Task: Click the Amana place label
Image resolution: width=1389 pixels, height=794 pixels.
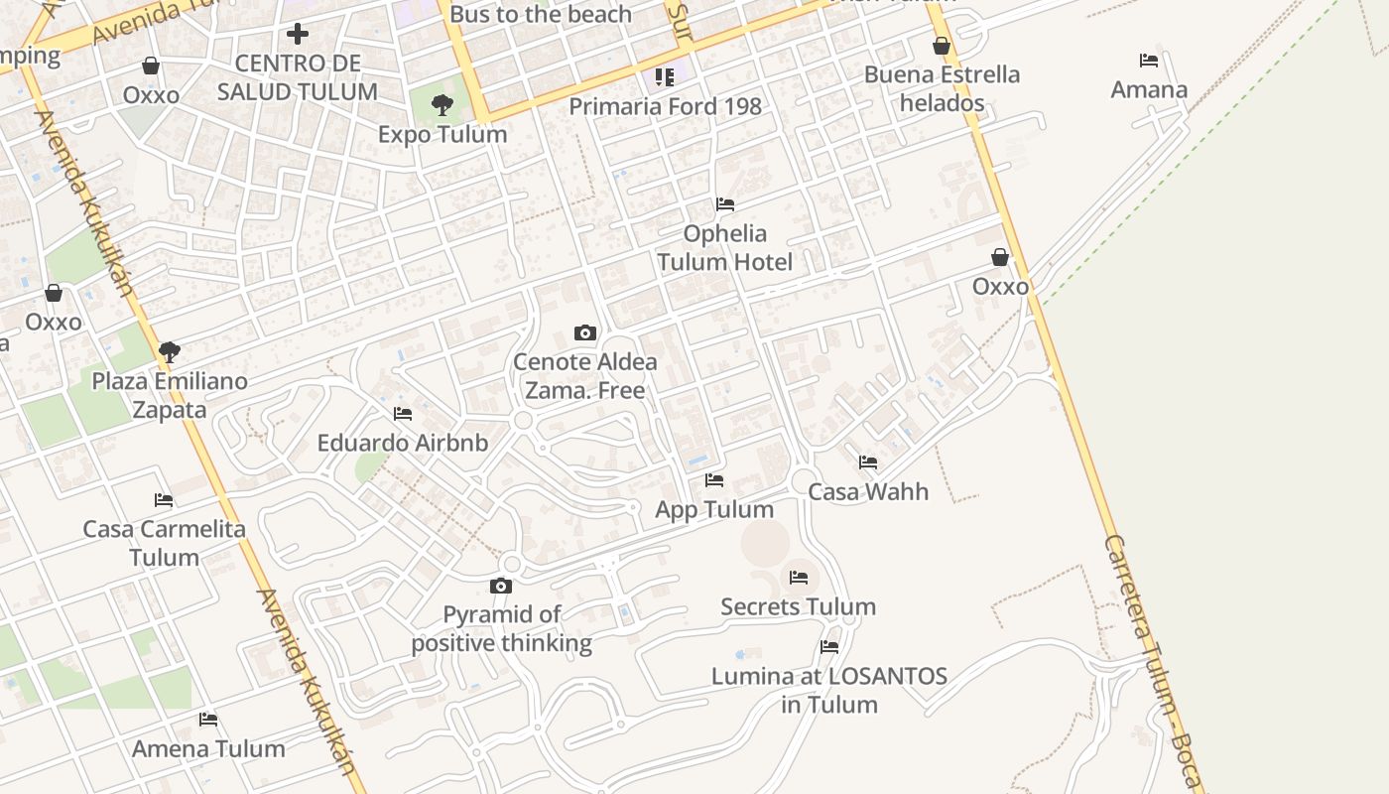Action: (1149, 90)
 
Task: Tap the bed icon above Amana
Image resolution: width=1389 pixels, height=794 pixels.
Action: (1149, 61)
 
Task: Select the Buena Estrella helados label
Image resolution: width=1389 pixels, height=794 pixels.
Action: (942, 88)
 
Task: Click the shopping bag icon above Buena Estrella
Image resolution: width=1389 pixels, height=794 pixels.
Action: (942, 46)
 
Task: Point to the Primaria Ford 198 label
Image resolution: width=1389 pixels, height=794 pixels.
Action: (665, 106)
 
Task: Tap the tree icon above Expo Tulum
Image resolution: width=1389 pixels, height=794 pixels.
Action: (442, 103)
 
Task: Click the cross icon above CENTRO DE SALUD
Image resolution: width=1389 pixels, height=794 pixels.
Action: (298, 34)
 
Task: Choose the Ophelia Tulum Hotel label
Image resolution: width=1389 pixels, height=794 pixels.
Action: (724, 247)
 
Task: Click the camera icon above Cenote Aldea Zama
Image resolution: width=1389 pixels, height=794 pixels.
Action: (585, 332)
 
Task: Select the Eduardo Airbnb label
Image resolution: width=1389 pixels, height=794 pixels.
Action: (403, 443)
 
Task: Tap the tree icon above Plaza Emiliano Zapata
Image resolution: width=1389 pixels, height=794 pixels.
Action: (170, 351)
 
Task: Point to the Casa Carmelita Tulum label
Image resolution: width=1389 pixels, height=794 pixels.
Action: (164, 543)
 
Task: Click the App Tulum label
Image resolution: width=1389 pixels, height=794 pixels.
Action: (714, 509)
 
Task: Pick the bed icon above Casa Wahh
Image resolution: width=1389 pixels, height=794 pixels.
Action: (868, 462)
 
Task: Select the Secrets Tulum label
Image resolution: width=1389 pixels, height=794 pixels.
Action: (798, 606)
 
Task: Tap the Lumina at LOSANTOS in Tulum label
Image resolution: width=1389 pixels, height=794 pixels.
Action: (829, 691)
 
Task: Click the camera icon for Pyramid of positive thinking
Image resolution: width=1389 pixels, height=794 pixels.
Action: (501, 586)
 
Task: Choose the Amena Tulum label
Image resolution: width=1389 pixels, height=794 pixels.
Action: (208, 748)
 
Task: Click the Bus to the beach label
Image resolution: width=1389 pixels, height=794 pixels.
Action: (541, 14)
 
